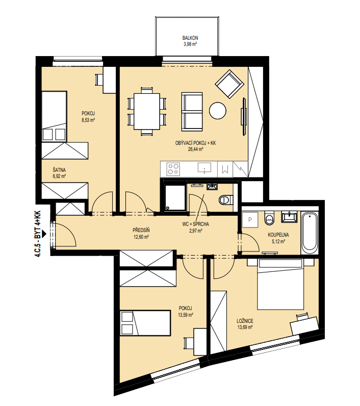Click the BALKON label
[190, 38]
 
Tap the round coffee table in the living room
[217, 111]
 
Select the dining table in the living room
[146, 111]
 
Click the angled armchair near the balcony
[229, 84]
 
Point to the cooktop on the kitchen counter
[173, 169]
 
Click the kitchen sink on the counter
[204, 168]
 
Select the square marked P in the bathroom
[250, 220]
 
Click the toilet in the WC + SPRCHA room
[226, 199]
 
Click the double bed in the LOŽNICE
[280, 284]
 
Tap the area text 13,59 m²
[186, 315]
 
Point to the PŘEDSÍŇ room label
[141, 230]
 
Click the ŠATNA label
[59, 170]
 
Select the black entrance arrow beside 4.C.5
[44, 234]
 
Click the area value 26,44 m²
[195, 149]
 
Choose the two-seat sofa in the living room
[192, 112]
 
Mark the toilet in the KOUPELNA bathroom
[269, 218]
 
